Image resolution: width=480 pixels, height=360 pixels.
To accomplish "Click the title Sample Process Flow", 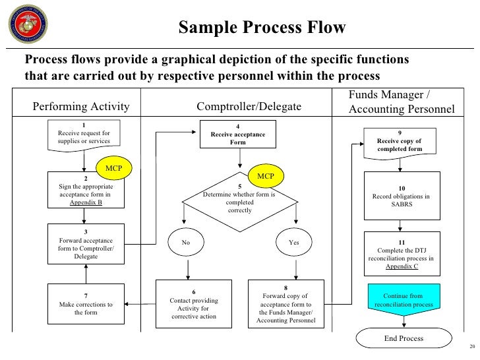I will coord(262,28).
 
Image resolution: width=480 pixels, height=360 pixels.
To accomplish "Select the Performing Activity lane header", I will coord(81,107).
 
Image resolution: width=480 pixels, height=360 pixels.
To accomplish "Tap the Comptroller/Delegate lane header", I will coord(249,107).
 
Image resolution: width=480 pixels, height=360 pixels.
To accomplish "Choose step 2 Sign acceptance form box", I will coord(85,191).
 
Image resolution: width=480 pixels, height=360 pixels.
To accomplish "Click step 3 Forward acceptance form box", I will coord(85,243).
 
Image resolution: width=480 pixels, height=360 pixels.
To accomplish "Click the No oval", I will coord(187,243).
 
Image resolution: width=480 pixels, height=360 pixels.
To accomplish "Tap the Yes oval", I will coord(294,243).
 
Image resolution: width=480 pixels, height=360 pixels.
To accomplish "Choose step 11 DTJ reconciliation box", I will coord(402,254).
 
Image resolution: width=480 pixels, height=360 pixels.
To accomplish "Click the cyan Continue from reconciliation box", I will coord(403,301).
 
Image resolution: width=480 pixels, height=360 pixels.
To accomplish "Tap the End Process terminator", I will coord(403,339).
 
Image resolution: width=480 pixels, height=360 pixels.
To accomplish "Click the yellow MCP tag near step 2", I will coord(113,167).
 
